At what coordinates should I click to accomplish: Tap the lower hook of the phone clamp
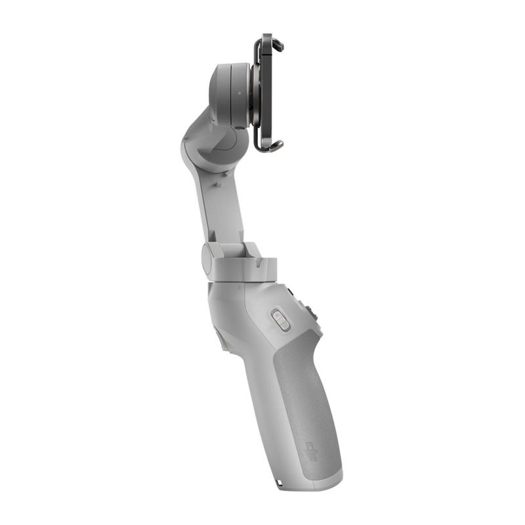(276, 145)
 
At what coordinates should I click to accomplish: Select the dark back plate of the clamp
(266, 92)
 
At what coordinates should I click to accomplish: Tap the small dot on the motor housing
(240, 93)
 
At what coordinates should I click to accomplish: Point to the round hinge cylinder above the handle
(207, 257)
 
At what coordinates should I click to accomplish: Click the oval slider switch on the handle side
(281, 321)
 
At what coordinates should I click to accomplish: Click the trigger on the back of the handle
(219, 338)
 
